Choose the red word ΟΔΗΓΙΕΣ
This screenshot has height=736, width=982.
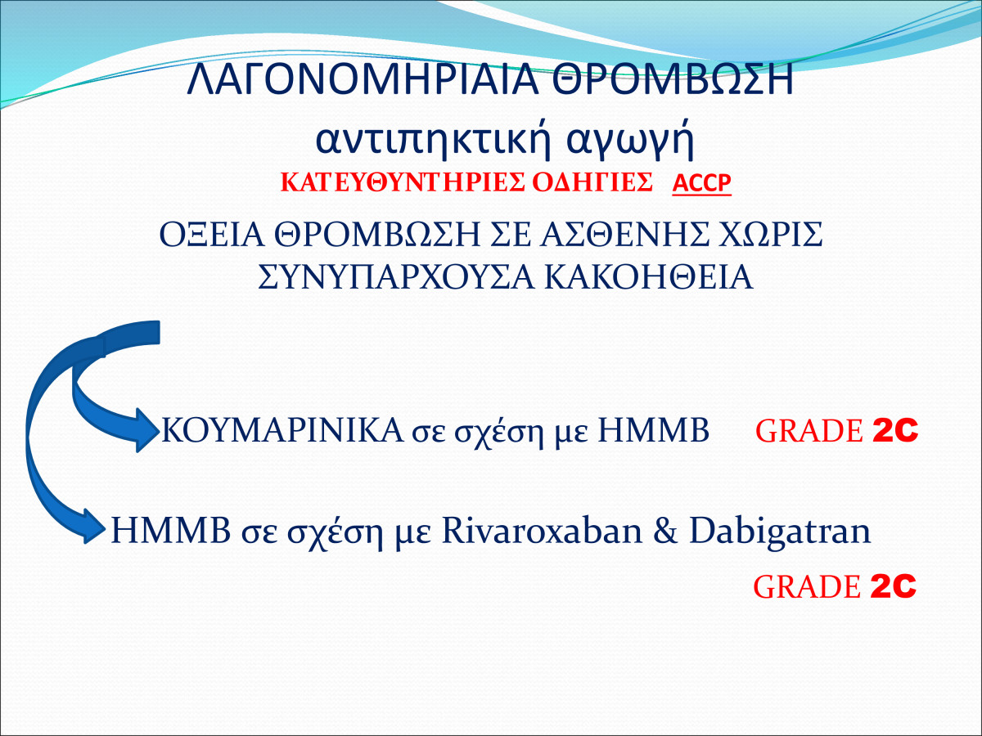[592, 182]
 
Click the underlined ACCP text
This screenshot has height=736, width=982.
[701, 183]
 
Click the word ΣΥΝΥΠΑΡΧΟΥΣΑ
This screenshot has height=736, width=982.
[396, 278]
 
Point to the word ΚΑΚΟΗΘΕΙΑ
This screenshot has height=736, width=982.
[649, 278]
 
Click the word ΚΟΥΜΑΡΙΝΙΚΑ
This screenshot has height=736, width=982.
[282, 430]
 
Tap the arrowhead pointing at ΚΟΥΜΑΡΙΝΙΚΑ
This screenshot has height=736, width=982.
[146, 430]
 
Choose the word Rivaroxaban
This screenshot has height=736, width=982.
[543, 531]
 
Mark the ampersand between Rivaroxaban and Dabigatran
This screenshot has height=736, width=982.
[665, 531]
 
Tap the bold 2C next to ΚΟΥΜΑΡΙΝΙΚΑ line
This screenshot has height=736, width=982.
[895, 429]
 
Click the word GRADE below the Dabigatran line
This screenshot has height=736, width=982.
[807, 587]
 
